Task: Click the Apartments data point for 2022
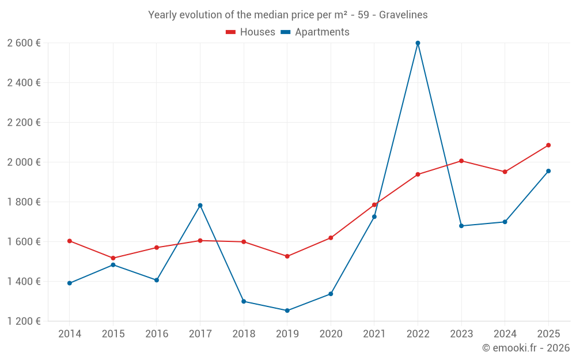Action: [418, 43]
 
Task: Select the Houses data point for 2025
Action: [548, 145]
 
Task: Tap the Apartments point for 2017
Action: [200, 206]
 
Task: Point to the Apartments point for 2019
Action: [287, 310]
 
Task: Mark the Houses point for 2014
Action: [70, 241]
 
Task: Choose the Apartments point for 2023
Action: [461, 226]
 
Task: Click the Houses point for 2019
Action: [287, 256]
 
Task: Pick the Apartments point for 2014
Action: [70, 283]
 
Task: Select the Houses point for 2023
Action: [461, 161]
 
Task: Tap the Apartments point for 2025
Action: [548, 171]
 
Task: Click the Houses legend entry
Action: [251, 32]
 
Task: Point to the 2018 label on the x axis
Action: [244, 334]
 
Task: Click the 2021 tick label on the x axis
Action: [374, 334]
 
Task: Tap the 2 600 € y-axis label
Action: [24, 43]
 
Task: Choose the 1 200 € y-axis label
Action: [24, 321]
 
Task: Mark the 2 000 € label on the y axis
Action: [24, 162]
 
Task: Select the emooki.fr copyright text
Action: [525, 348]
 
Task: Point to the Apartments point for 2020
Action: [331, 294]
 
